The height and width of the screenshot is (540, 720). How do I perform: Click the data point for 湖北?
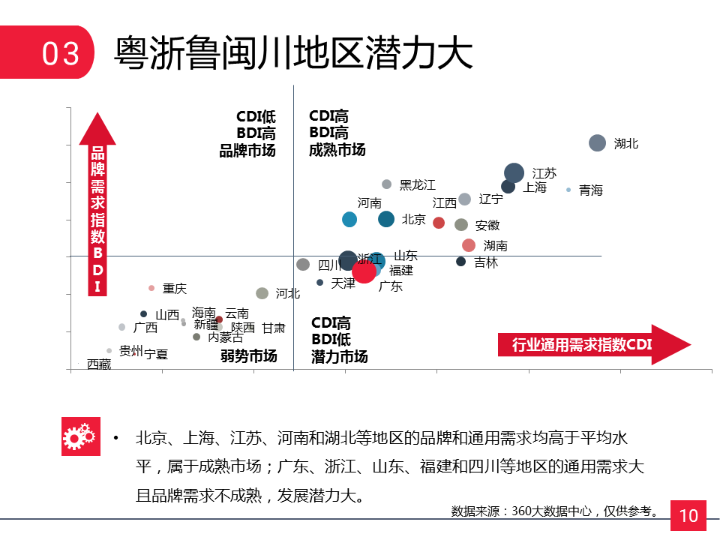[597, 143]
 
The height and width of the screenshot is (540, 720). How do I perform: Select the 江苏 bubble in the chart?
[514, 172]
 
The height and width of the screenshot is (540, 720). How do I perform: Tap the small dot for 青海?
[568, 190]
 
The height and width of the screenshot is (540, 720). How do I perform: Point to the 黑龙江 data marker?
[387, 184]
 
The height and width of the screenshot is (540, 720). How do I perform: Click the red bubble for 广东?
[364, 271]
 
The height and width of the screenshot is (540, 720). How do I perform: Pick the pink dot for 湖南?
[469, 245]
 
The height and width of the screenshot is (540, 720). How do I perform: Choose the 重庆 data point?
[151, 288]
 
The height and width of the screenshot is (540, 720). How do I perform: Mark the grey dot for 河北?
[262, 293]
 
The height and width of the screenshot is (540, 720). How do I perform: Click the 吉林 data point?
[461, 262]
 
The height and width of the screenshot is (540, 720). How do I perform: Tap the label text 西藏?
[99, 364]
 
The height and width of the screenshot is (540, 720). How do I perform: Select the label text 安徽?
[487, 225]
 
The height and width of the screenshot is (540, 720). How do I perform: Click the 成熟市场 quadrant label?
[337, 150]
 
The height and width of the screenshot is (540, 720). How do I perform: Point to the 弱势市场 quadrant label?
[249, 355]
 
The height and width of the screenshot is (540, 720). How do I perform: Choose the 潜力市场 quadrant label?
[339, 357]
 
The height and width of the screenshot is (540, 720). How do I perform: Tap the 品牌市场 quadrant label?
[247, 150]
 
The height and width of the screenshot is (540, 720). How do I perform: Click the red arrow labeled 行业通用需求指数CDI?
[592, 345]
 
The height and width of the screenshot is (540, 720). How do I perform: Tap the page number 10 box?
[688, 515]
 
